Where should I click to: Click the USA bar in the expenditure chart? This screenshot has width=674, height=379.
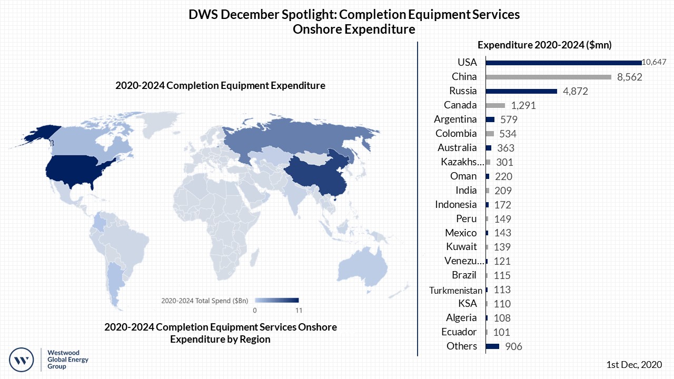click(x=563, y=63)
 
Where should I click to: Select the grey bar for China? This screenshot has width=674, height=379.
click(x=548, y=77)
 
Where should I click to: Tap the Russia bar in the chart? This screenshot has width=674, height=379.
click(x=521, y=91)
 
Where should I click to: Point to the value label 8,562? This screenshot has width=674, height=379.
click(x=630, y=77)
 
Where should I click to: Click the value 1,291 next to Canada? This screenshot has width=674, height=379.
click(x=523, y=105)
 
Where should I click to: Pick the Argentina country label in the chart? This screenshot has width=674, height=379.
click(x=455, y=119)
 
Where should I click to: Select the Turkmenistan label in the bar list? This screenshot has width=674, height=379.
click(x=455, y=290)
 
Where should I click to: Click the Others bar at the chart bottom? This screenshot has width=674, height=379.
click(x=492, y=346)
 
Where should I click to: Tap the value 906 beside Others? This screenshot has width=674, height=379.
click(x=513, y=346)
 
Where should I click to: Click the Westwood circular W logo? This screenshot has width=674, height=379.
click(x=22, y=361)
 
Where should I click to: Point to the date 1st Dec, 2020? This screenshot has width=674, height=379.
click(x=634, y=364)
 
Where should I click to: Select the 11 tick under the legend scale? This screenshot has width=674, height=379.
click(x=299, y=310)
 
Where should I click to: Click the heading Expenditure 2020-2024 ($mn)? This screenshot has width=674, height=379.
click(x=544, y=45)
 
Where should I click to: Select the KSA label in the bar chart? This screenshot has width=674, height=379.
click(x=467, y=304)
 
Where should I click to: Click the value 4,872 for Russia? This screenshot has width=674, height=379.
click(x=574, y=91)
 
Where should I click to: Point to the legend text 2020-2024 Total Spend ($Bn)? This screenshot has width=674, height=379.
click(x=204, y=301)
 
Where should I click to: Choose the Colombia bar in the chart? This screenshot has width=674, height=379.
click(x=490, y=134)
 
